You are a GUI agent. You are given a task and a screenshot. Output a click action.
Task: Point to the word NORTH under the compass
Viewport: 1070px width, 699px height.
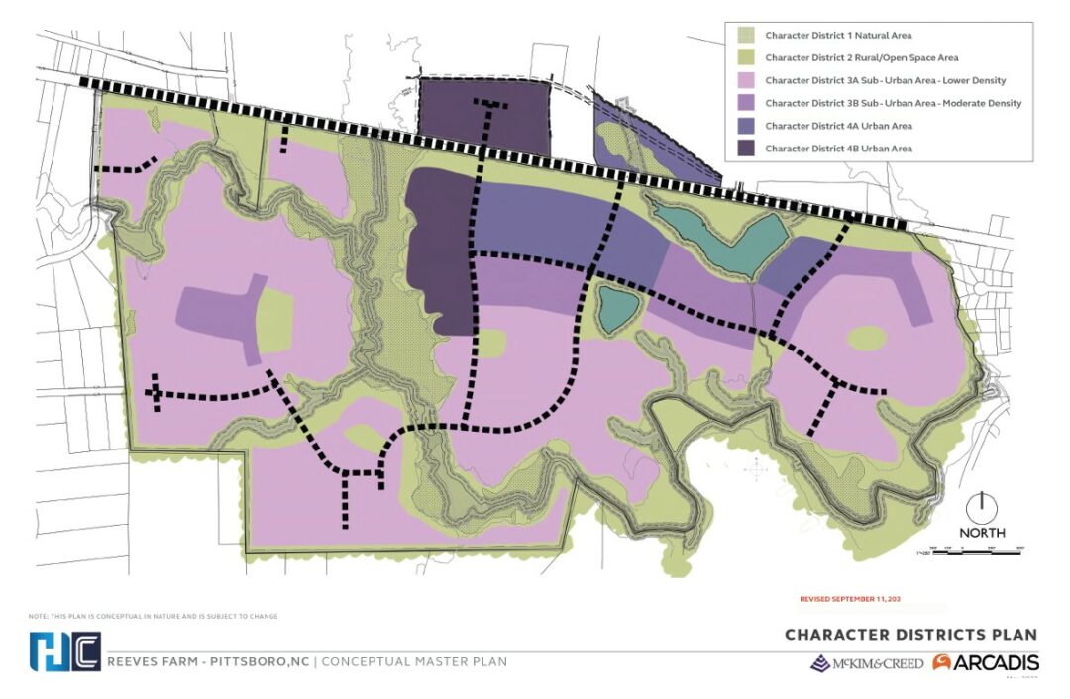pyautogui.click(x=981, y=533)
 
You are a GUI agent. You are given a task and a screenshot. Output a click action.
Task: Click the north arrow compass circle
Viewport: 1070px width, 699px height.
pyautogui.click(x=981, y=506)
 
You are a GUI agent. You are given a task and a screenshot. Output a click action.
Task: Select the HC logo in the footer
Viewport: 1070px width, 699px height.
pyautogui.click(x=64, y=651)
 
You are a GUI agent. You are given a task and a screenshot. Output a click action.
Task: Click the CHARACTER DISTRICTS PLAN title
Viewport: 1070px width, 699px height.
pyautogui.click(x=910, y=635)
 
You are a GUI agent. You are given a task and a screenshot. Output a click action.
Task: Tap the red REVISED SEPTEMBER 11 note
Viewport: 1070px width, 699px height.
pyautogui.click(x=849, y=599)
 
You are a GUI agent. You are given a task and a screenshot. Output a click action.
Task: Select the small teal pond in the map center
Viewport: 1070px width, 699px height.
pyautogui.click(x=615, y=308)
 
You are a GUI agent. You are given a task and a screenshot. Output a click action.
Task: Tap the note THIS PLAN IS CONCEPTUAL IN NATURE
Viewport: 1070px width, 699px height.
pyautogui.click(x=154, y=616)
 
